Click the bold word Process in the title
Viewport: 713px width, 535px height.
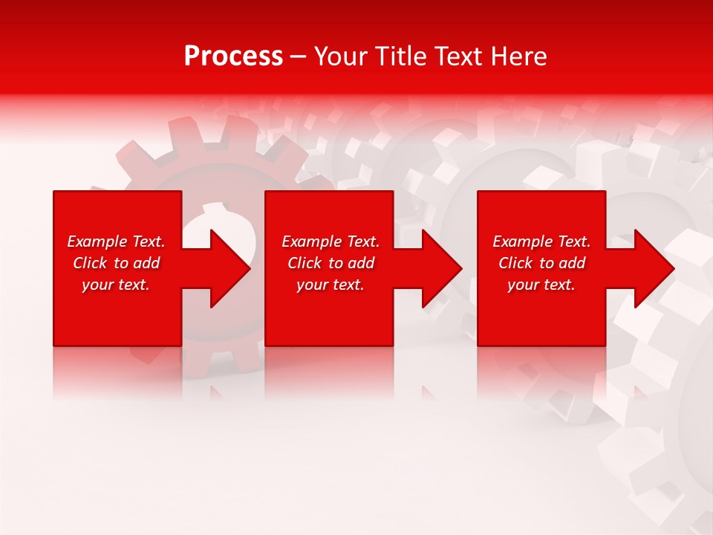tap(233, 56)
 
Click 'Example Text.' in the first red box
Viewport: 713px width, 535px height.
tap(116, 241)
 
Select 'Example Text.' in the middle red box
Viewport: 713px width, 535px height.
tap(331, 241)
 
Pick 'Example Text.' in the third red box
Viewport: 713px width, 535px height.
tap(541, 241)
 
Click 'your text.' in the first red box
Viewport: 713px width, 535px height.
tap(116, 285)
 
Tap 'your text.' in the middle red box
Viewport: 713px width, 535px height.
tap(331, 285)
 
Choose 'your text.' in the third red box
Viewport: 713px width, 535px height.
tap(541, 285)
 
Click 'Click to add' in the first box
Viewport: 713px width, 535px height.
tap(116, 263)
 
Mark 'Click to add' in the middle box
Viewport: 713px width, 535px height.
tap(331, 263)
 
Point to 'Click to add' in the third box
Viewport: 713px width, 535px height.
tap(541, 263)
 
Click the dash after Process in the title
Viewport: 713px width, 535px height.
tap(299, 57)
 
